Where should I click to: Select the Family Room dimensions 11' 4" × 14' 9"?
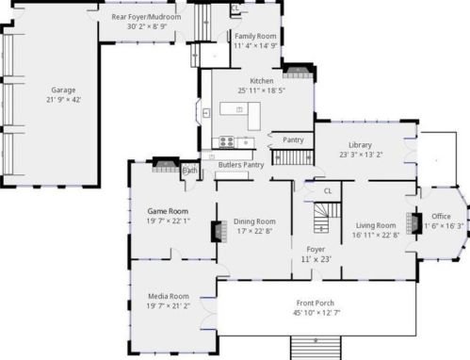click(x=255, y=44)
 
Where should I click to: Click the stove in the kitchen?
click(x=227, y=141)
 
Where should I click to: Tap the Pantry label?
click(x=293, y=139)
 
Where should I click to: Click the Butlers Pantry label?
click(x=240, y=165)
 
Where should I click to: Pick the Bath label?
click(x=189, y=171)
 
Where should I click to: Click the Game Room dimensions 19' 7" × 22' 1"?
click(x=168, y=221)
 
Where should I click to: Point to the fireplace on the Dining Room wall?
click(x=216, y=230)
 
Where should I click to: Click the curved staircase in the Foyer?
click(x=322, y=221)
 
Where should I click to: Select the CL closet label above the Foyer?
click(x=327, y=190)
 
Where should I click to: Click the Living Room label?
click(x=375, y=225)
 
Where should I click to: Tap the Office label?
click(x=441, y=216)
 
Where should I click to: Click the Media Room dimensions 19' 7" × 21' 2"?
click(x=168, y=305)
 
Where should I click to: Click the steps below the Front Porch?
click(x=316, y=348)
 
